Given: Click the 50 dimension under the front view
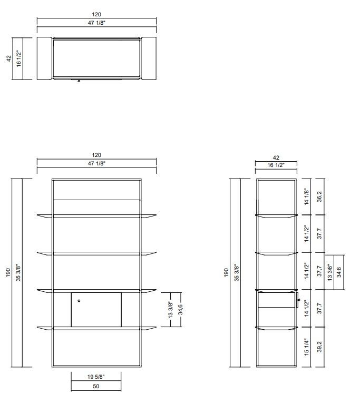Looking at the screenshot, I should [x=96, y=386].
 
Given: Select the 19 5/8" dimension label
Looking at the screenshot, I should [x=96, y=377].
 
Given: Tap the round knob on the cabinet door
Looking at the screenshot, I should [x=79, y=300].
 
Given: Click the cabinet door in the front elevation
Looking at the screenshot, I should [x=96, y=309].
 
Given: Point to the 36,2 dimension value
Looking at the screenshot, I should [x=319, y=196].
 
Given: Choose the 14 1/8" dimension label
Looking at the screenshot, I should [x=307, y=196].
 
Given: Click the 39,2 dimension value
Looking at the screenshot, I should [x=319, y=347].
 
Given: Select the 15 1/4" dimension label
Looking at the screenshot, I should [x=307, y=347].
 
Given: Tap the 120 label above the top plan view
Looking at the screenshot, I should [x=96, y=15].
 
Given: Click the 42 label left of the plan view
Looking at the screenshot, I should [x=8, y=58].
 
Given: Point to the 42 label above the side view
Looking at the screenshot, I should [x=276, y=157].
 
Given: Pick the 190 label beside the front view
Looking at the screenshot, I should [x=8, y=273].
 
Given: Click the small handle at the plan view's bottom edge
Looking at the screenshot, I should [x=79, y=81].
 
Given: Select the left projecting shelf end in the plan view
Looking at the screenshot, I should [x=44, y=58].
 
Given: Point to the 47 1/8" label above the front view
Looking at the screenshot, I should [x=96, y=164].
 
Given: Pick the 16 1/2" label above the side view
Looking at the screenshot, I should [x=276, y=165].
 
